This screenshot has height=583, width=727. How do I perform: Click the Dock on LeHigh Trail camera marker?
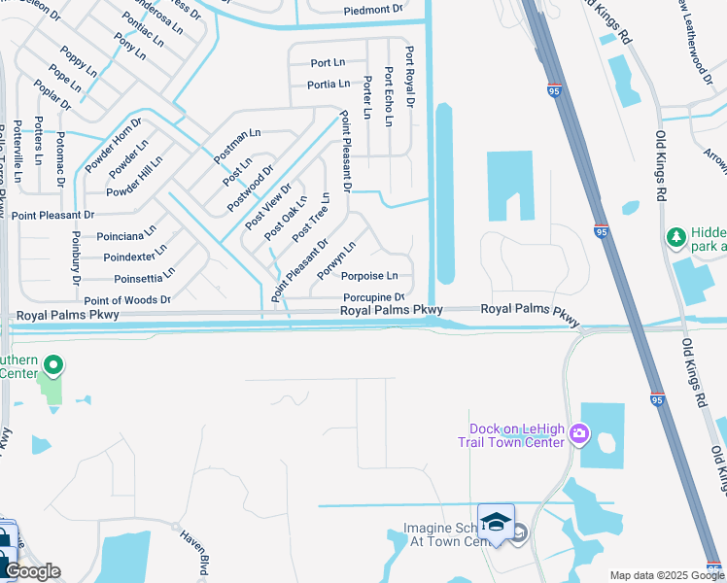(x=579, y=432)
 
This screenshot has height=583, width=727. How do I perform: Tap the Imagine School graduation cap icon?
(x=496, y=522)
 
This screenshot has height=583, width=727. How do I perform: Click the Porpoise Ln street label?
(x=370, y=276)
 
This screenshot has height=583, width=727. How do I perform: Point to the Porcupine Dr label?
(x=373, y=297)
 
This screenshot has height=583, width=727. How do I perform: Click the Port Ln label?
(x=328, y=63)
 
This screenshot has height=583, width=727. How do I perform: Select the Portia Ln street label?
(x=329, y=85)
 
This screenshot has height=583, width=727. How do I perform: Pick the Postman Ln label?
(x=237, y=141)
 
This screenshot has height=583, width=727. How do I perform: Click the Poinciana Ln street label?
(x=125, y=235)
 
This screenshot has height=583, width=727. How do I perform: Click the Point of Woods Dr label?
(x=127, y=300)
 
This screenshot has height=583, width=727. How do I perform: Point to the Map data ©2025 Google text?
(x=667, y=575)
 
